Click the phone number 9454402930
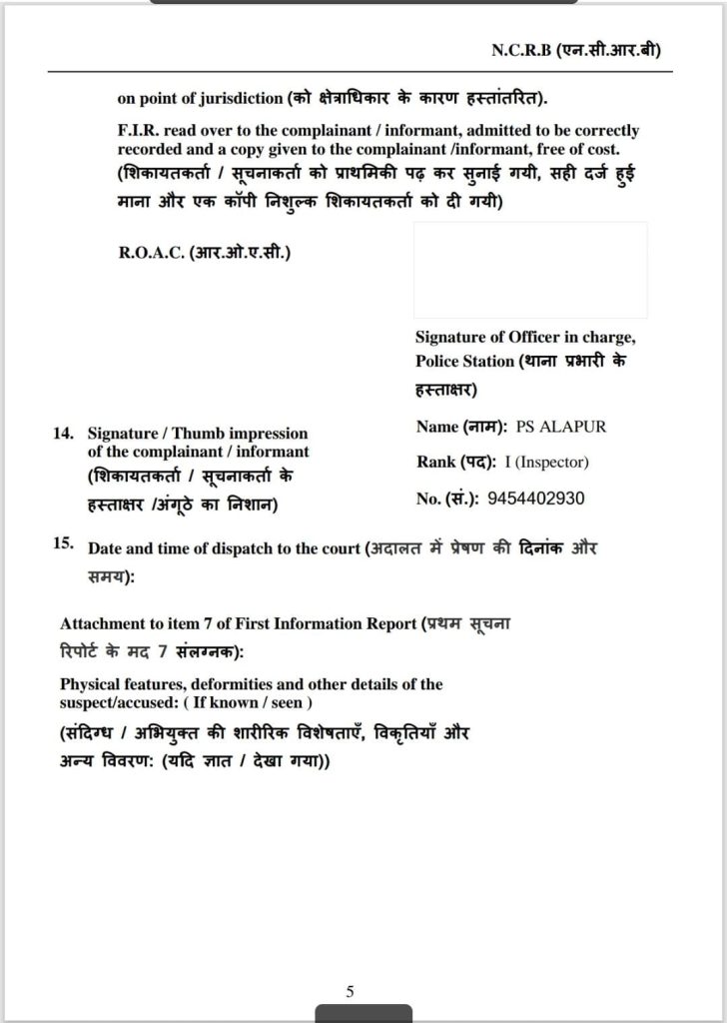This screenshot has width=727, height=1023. (x=537, y=499)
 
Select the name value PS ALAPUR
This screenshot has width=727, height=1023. (x=560, y=427)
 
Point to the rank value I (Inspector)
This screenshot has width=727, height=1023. (x=552, y=463)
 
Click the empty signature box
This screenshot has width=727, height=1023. (x=530, y=270)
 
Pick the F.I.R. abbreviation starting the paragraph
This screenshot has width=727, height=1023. (x=137, y=131)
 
